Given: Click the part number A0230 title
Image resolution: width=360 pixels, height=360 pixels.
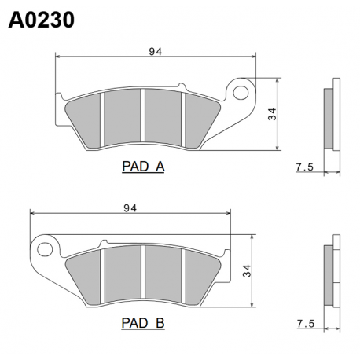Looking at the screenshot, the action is point(42,20).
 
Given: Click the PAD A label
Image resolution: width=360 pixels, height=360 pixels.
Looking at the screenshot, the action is point(143,167).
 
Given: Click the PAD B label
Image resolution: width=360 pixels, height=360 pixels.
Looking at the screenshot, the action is point(143,323).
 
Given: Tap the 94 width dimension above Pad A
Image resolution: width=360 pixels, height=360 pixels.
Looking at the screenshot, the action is point(156,52).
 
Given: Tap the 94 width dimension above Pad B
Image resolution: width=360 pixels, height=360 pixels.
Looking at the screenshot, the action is point(130,208).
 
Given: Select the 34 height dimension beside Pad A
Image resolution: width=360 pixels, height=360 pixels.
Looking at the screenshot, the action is point(272,114).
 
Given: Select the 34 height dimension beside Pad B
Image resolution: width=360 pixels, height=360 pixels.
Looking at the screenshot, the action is point(247,271).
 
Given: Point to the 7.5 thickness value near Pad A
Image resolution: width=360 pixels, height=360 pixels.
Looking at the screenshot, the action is point(305,167).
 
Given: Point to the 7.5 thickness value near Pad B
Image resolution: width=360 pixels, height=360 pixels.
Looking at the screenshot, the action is point(306,324).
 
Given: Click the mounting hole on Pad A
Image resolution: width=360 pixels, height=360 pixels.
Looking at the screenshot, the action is point(241,93).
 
